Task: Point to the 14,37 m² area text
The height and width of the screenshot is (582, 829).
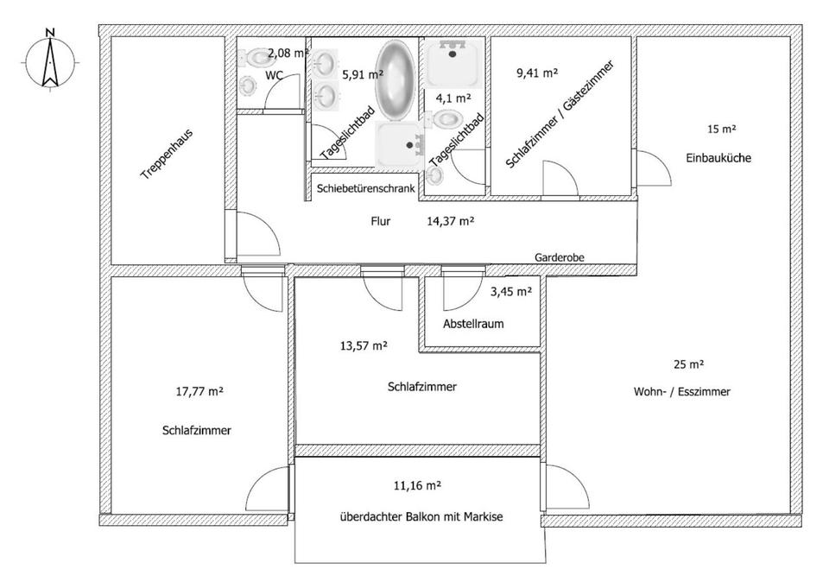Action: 450,221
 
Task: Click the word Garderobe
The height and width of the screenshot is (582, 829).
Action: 560,257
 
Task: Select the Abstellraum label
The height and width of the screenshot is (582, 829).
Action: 473,324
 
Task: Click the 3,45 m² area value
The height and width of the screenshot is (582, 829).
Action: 511,291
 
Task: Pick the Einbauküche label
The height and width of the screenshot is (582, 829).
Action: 718,158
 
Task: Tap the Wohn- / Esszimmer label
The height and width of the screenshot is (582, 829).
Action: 681,391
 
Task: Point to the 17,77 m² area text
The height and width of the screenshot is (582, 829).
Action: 199,391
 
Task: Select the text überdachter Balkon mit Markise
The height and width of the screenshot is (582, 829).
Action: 421,517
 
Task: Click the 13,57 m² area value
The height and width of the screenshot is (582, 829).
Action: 364,345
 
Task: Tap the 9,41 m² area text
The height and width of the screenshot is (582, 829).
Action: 537,73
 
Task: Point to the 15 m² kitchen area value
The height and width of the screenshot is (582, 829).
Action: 721,130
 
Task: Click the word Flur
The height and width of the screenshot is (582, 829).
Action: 381,221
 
